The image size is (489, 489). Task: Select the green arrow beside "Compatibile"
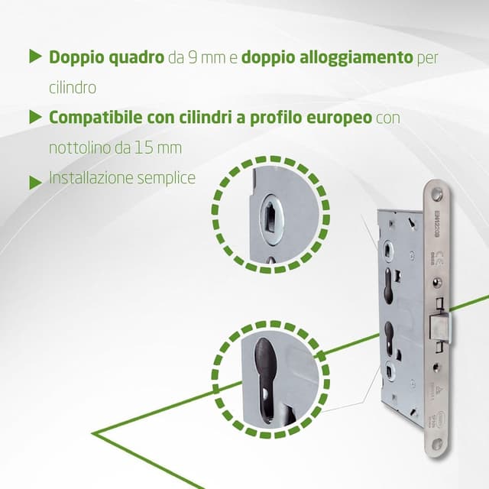34,117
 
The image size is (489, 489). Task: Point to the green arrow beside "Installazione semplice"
34,183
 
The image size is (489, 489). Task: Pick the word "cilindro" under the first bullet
73,88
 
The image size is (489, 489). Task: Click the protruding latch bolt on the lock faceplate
444,328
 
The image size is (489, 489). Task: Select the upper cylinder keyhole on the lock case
390,283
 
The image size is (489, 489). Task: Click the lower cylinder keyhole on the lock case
390,336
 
